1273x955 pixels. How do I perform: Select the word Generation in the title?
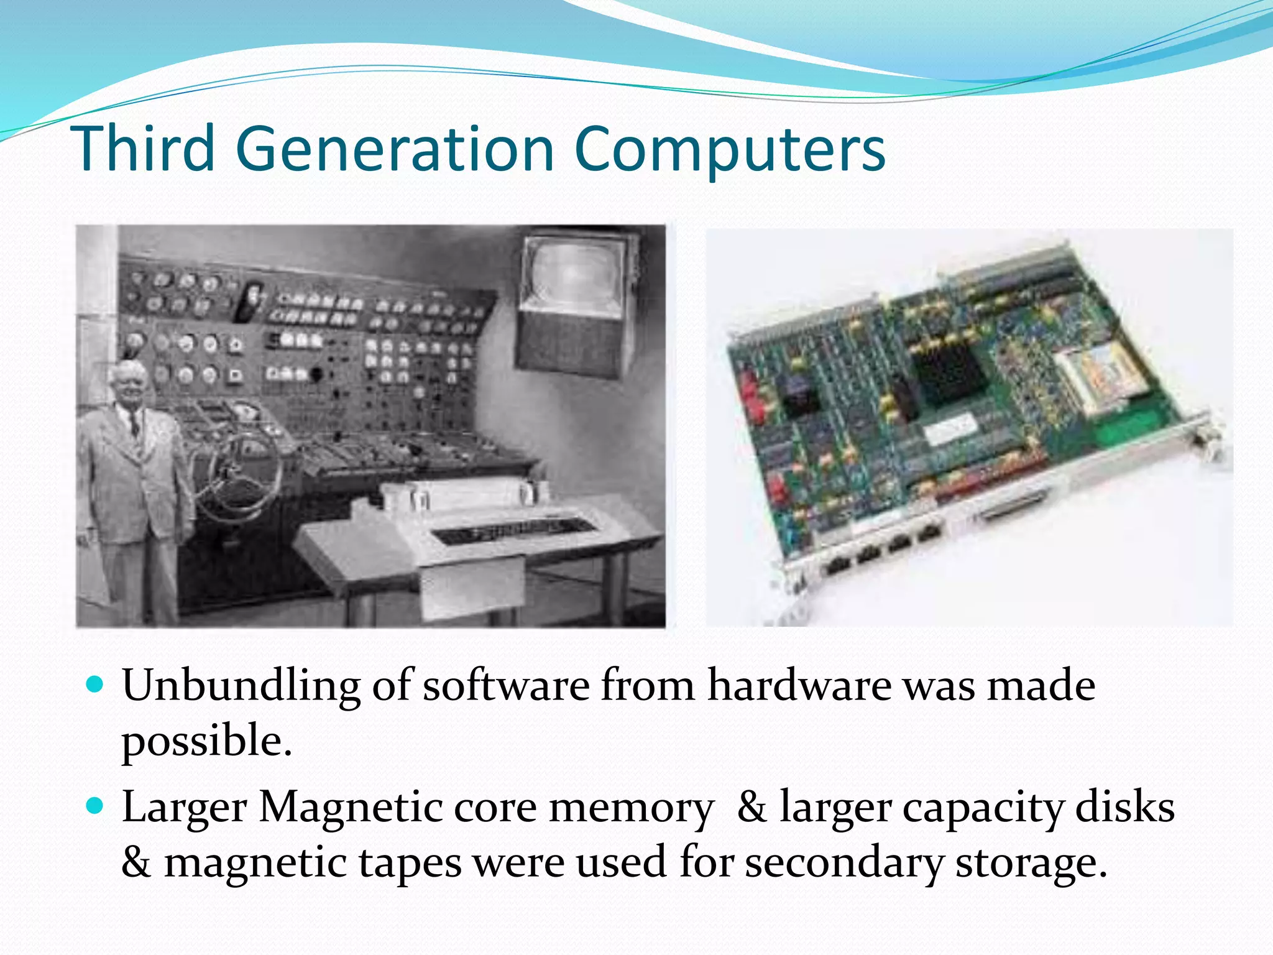coord(395,149)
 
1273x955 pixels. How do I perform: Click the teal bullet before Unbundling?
coord(94,685)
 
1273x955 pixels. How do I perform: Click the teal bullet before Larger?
coord(94,806)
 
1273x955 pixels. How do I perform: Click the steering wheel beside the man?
coord(239,476)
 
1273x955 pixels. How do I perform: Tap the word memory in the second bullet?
coord(632,808)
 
